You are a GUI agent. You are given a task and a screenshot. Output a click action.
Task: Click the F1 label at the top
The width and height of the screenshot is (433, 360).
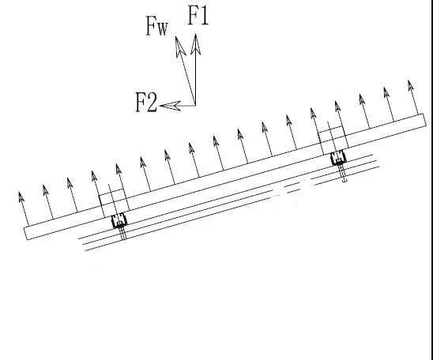click(198, 15)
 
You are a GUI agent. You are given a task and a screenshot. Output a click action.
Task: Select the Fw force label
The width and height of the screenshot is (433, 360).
click(156, 26)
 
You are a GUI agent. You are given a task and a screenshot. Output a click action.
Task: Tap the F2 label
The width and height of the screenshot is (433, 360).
click(146, 103)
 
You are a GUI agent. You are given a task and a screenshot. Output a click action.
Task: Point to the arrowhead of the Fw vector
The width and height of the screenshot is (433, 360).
click(180, 47)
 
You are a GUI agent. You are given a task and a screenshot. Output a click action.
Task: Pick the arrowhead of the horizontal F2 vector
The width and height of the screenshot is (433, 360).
click(171, 106)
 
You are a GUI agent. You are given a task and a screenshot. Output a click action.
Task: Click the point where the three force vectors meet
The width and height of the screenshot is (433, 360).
click(195, 105)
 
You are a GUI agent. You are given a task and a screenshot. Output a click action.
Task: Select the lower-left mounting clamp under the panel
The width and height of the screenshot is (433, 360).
click(119, 221)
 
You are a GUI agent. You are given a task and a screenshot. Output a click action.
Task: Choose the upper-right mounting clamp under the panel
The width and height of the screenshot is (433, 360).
click(338, 158)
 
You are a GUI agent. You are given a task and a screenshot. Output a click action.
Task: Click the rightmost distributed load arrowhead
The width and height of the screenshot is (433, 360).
click(410, 85)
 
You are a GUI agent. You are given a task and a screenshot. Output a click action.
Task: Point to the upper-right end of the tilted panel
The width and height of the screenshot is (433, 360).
click(425, 120)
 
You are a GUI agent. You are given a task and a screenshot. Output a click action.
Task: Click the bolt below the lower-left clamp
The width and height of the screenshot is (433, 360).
click(123, 234)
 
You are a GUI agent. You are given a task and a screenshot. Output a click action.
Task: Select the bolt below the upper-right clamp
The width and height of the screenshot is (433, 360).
click(343, 174)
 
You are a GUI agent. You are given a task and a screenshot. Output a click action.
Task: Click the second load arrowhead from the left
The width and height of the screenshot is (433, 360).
click(45, 190)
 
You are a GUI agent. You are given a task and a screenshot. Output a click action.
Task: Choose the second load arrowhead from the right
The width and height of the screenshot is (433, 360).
click(386, 92)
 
